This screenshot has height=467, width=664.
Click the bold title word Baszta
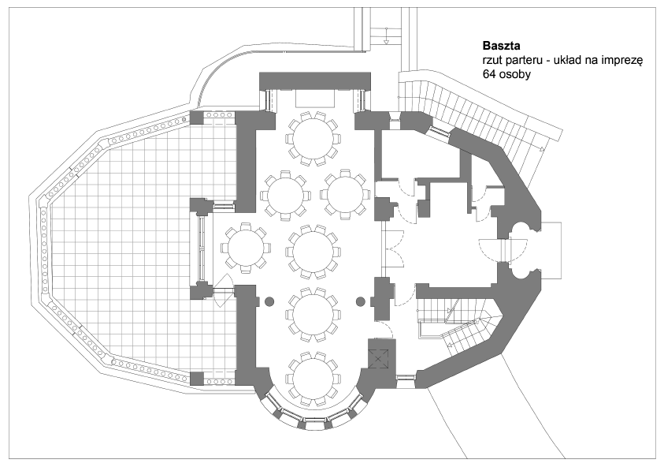[502, 46]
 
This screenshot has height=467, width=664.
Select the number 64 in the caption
[488, 74]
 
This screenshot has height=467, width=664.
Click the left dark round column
[269, 301]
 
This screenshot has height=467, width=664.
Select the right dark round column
[361, 301]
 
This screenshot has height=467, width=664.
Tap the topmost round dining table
[313, 138]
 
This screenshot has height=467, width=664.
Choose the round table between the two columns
[313, 315]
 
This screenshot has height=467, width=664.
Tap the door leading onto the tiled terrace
[223, 290]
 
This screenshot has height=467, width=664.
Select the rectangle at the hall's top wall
[316, 99]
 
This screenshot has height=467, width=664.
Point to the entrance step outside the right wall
[551, 250]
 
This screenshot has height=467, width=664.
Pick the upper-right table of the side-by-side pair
[345, 195]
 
